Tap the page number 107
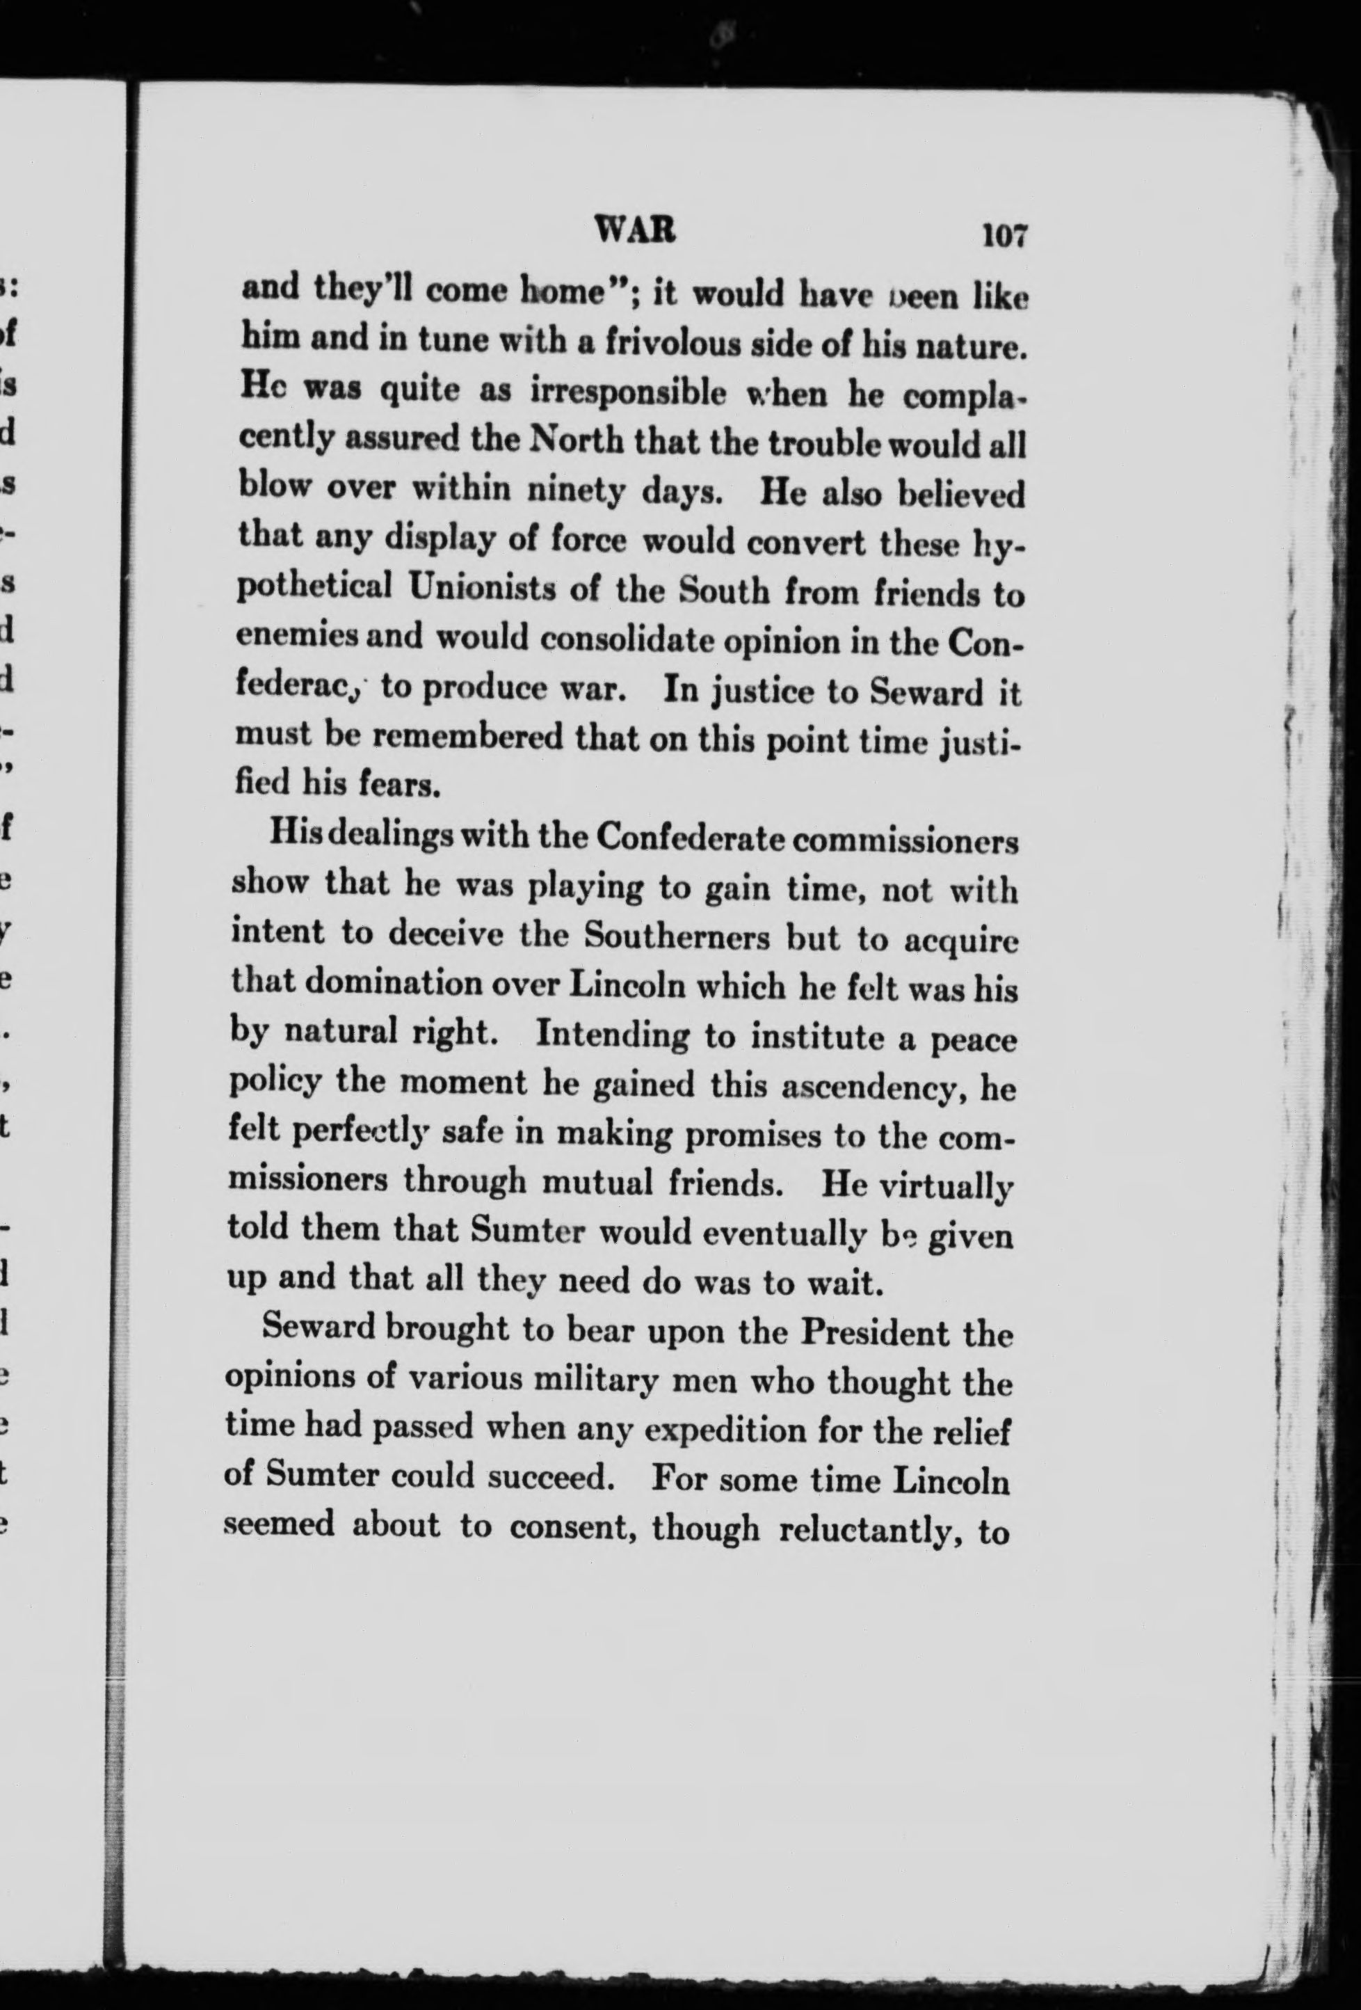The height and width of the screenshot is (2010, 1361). pyautogui.click(x=1002, y=235)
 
